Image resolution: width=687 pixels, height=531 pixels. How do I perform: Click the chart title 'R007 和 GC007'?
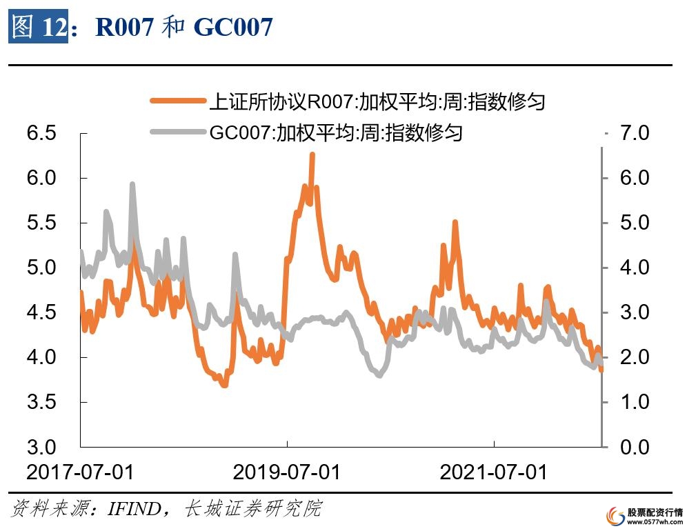184,27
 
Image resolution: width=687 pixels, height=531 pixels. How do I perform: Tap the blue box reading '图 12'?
39,27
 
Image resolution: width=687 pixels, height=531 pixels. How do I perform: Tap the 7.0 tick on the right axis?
634,133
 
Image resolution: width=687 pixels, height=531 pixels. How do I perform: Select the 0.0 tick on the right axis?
634,447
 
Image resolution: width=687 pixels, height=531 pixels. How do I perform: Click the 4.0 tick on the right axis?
634,268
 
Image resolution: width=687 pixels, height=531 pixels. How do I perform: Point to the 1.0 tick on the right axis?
634,402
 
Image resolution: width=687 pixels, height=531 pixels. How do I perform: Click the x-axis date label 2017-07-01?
80,473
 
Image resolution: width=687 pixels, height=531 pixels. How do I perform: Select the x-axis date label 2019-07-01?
287,473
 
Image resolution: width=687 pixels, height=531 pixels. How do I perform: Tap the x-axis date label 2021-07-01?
494,473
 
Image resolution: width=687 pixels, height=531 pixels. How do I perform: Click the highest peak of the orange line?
312,154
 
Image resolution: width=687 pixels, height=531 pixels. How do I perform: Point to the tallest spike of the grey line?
132,184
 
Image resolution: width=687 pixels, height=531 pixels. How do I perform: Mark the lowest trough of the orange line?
224,385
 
